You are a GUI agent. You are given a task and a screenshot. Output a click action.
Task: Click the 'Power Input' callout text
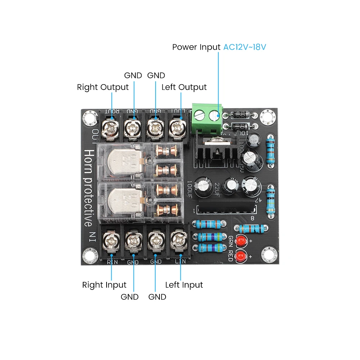click(x=196, y=47)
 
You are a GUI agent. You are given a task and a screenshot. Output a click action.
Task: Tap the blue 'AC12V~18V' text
click(x=245, y=47)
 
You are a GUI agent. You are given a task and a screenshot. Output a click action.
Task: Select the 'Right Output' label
click(x=103, y=87)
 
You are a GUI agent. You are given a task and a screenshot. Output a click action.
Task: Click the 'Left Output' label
click(x=184, y=87)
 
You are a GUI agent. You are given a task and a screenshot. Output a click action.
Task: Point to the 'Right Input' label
click(x=104, y=285)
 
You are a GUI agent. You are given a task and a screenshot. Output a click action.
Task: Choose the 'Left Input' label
click(x=184, y=285)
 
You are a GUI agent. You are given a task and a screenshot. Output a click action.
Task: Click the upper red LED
click(x=240, y=240)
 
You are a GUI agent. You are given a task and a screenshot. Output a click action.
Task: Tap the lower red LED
click(x=240, y=256)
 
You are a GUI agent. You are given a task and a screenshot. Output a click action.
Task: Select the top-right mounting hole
click(x=267, y=117)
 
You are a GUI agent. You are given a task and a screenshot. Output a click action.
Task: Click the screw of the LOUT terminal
click(x=177, y=127)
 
